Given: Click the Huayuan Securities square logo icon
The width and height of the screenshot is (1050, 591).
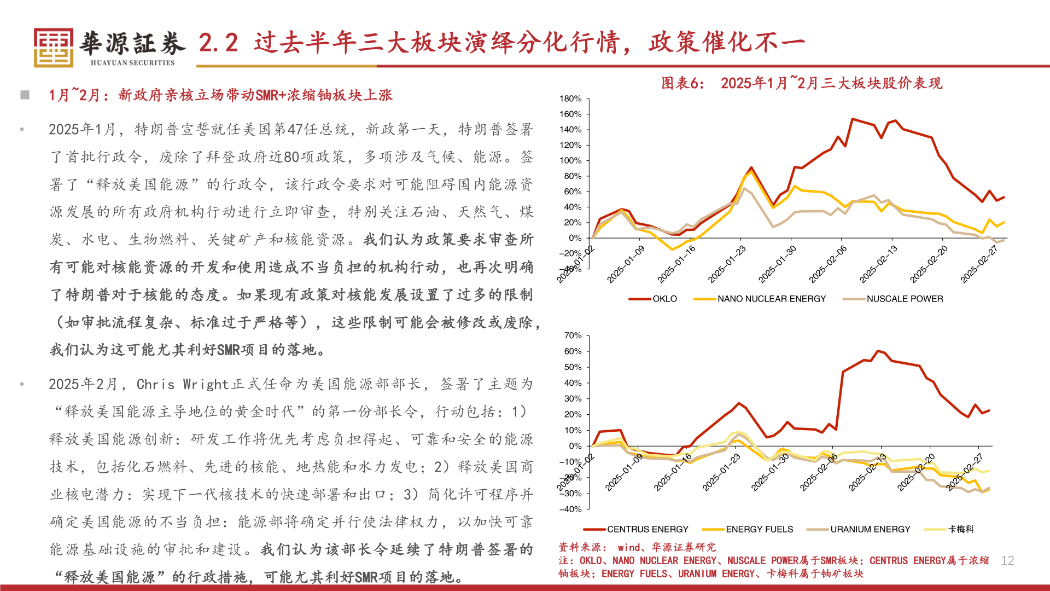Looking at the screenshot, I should coord(53,48).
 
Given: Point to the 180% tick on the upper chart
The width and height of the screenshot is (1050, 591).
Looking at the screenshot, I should coord(570,99).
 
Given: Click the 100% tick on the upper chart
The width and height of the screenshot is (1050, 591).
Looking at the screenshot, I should coord(570,161).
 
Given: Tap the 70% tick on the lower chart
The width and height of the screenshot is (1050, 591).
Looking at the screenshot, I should coord(573,335).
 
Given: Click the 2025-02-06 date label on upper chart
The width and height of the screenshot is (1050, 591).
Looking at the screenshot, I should coord(827,264).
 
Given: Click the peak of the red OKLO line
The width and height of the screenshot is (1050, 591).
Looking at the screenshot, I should coord(853,119).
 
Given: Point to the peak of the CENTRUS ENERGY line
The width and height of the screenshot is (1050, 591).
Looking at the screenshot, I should coord(878,351).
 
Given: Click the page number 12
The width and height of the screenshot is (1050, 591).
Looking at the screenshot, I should coord(1007,560).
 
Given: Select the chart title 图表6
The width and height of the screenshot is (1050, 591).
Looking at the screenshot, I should coord(682,83).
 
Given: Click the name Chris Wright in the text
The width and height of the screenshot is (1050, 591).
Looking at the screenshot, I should coord(183,384).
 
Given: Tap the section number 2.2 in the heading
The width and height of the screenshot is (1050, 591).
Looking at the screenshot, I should coord(218,43).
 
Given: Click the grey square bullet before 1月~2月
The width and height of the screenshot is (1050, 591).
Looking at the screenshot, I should coord(25,95).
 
